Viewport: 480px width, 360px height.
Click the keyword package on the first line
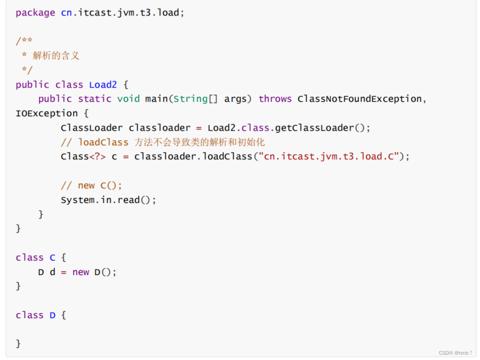35,12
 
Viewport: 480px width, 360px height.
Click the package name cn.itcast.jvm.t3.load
120,12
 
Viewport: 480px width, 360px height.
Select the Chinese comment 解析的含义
56,55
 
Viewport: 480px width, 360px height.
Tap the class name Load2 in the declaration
103,84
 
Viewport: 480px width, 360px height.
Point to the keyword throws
275,99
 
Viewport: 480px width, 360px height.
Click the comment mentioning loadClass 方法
163,142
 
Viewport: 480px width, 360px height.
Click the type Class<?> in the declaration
83,156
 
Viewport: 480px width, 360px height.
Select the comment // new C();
91,185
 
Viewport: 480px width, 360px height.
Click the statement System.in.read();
108,199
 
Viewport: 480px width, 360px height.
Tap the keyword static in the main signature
94,99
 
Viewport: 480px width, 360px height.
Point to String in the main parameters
190,99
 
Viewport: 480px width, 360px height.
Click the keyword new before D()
81,272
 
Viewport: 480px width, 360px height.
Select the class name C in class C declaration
53,258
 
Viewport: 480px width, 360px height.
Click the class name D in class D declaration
53,315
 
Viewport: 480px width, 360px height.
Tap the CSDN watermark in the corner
455,353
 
